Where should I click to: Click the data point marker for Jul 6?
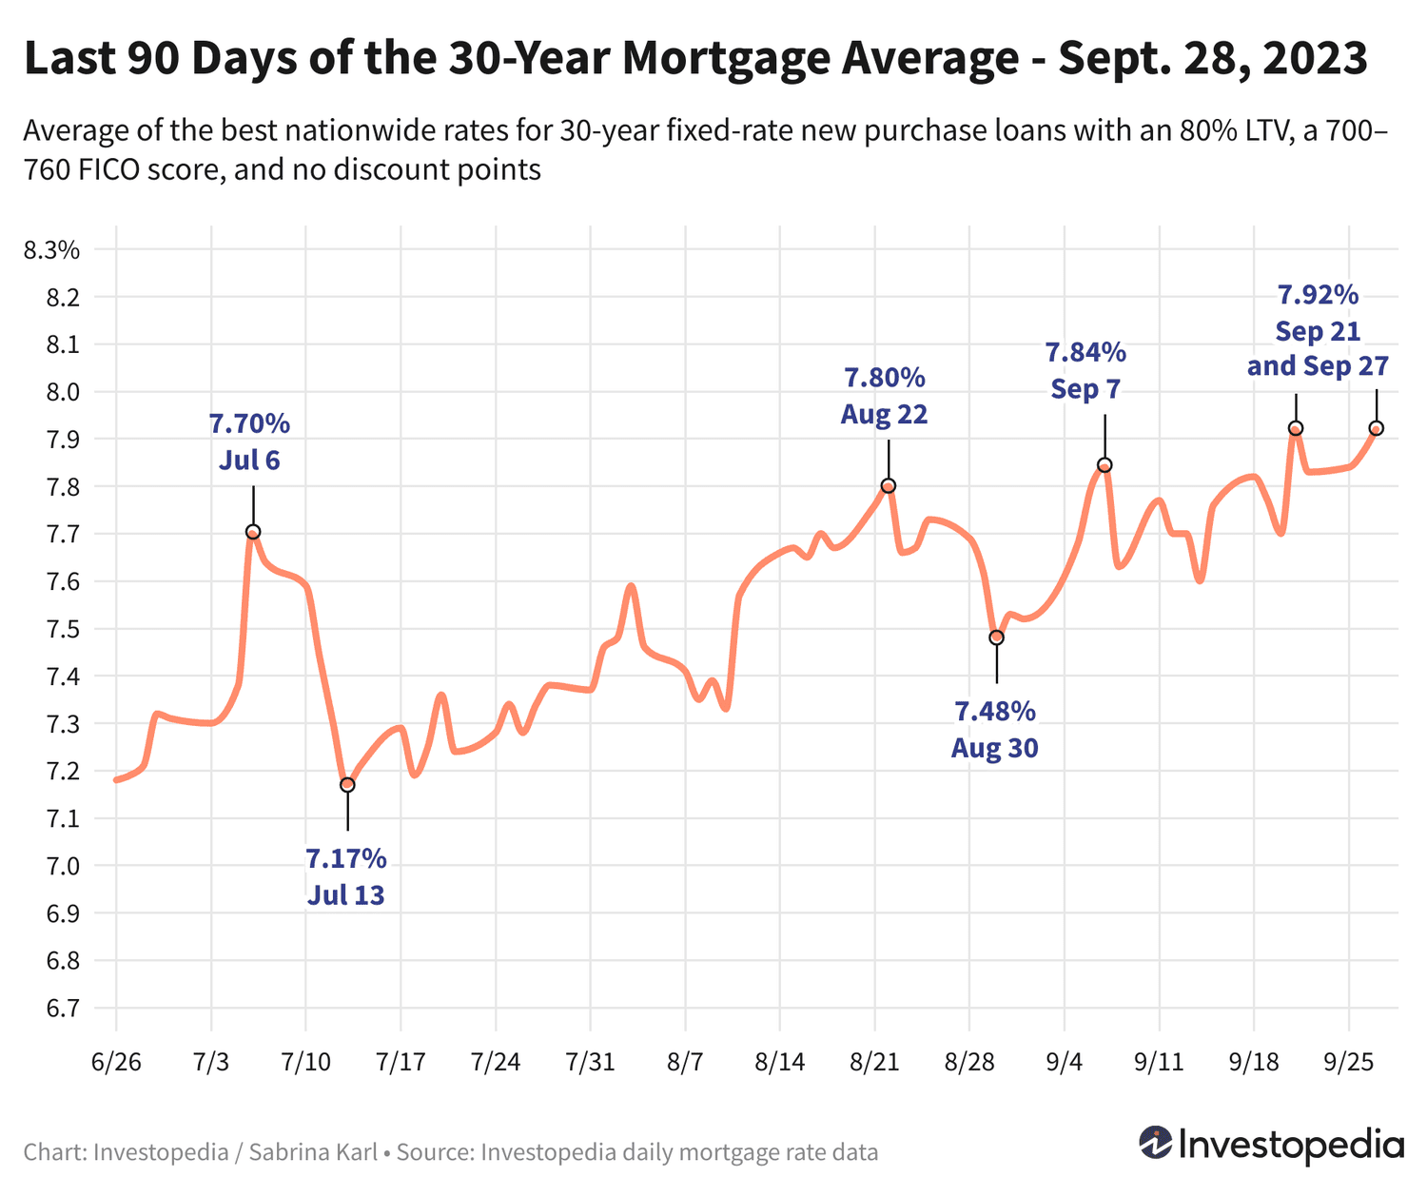tap(253, 532)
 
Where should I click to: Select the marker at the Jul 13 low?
tap(347, 785)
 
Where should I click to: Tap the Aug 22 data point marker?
tap(889, 486)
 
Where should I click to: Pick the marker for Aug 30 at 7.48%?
tap(996, 638)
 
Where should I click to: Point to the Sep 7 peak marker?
tap(1104, 465)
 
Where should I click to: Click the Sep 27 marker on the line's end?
tap(1376, 429)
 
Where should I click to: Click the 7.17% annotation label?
tap(346, 860)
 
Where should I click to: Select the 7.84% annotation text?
tap(1085, 353)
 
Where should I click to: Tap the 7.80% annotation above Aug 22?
tap(884, 379)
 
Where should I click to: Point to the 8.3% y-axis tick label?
tap(51, 251)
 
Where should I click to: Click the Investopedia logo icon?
tap(1156, 1143)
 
